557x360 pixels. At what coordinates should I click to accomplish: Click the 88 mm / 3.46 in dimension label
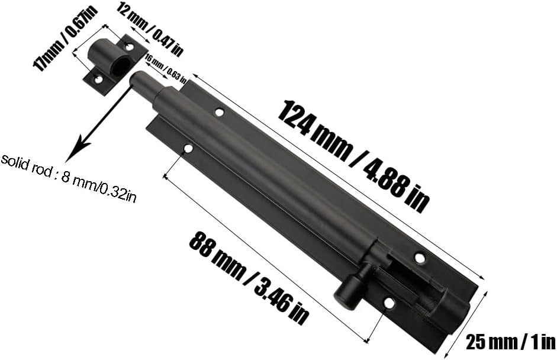[x=249, y=278]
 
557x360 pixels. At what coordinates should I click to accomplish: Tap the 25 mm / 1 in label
[x=510, y=342]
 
